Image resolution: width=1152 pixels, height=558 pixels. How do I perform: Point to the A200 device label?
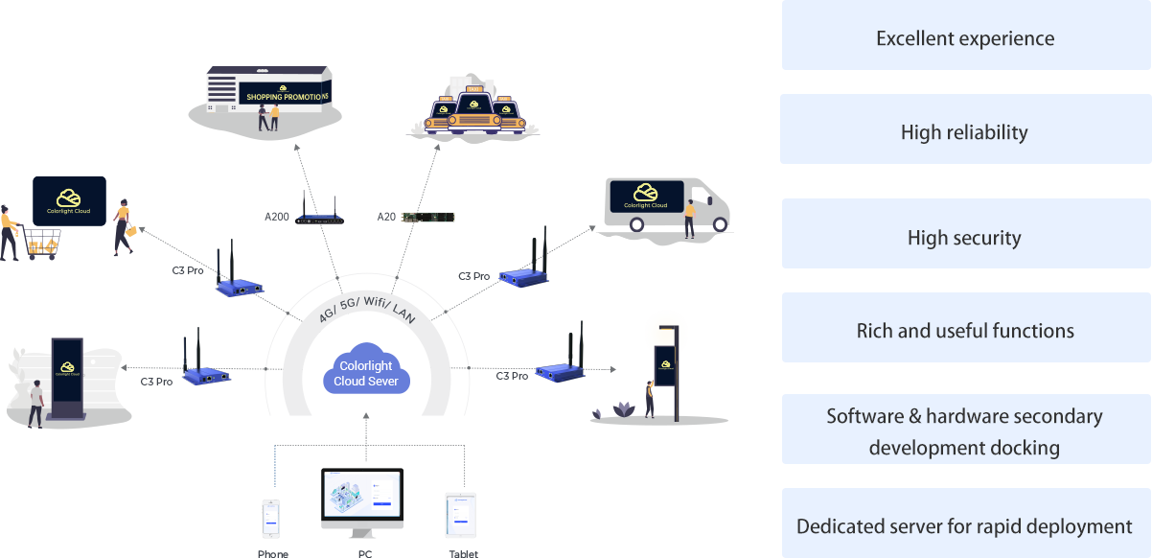point(276,217)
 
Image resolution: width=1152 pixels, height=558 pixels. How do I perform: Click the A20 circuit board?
point(427,217)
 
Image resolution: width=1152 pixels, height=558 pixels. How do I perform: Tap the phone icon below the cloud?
point(272,519)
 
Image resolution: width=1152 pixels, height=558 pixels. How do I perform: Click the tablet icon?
point(460,516)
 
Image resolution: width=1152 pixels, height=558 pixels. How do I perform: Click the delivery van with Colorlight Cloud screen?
point(667,203)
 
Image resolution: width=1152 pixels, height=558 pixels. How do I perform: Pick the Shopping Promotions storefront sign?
point(286,96)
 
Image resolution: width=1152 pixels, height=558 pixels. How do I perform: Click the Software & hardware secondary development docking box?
point(965,431)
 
